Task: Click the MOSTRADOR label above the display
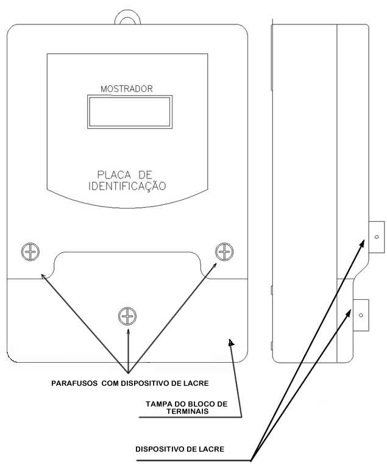pyautogui.click(x=127, y=89)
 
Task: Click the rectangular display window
pyautogui.click(x=130, y=112)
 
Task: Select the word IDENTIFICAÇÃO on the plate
pyautogui.click(x=127, y=186)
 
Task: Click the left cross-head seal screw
pyautogui.click(x=30, y=252)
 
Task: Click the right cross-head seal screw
pyautogui.click(x=224, y=252)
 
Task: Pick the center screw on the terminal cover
pyautogui.click(x=127, y=316)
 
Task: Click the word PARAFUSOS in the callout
pyautogui.click(x=74, y=383)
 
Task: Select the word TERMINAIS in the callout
pyautogui.click(x=188, y=411)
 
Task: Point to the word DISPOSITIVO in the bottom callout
pyautogui.click(x=159, y=449)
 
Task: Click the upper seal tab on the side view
pyautogui.click(x=377, y=237)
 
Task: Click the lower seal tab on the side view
pyautogui.click(x=361, y=315)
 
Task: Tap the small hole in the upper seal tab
pyautogui.click(x=377, y=237)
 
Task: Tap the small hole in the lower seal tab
pyautogui.click(x=361, y=315)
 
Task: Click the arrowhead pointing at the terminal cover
pyautogui.click(x=231, y=343)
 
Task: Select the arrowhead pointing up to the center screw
pyautogui.click(x=129, y=332)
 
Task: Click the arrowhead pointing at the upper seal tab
pyautogui.click(x=362, y=243)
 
